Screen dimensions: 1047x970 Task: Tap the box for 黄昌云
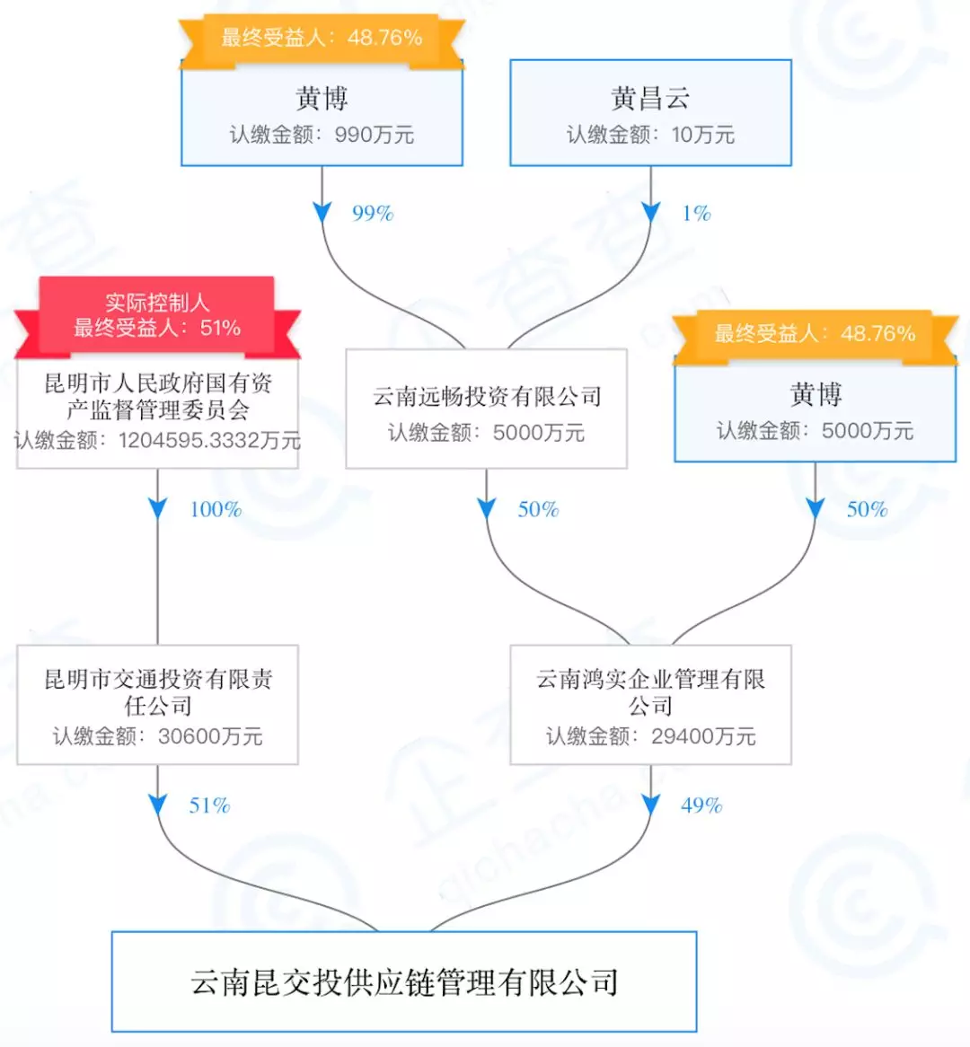click(650, 113)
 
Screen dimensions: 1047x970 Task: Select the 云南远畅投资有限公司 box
click(486, 409)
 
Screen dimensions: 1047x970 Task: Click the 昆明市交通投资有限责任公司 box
click(157, 705)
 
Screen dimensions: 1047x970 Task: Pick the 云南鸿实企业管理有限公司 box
click(650, 705)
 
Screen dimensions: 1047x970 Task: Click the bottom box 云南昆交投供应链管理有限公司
click(404, 981)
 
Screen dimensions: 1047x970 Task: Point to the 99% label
click(373, 214)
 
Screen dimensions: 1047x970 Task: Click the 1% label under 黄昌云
click(696, 214)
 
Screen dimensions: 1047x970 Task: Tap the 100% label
click(216, 510)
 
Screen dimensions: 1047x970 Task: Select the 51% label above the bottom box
click(209, 805)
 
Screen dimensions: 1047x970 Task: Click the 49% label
click(701, 805)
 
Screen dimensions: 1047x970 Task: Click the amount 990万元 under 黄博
click(375, 136)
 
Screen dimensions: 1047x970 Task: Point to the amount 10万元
click(702, 136)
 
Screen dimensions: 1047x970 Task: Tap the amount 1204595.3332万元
click(209, 441)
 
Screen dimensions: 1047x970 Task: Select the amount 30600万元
click(210, 737)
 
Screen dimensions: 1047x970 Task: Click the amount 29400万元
click(703, 737)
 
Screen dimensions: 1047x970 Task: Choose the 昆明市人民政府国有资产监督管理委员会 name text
click(158, 397)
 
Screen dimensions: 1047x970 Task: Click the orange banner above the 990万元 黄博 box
click(322, 38)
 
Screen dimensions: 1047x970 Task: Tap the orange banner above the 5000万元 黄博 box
click(815, 334)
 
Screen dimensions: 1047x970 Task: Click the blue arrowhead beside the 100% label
click(158, 509)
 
